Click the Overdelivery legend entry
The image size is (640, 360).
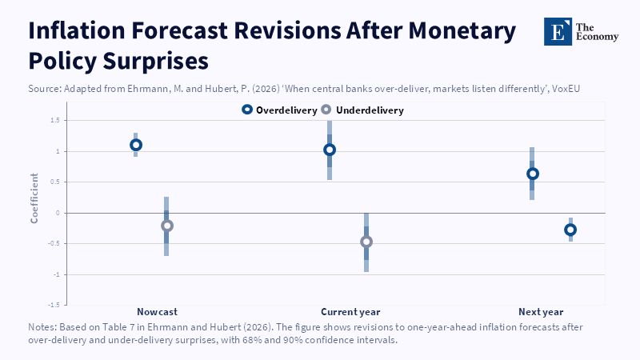point(279,110)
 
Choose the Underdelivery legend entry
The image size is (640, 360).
point(362,110)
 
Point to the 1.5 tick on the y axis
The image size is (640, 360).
point(55,120)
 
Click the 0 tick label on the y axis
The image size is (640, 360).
point(58,213)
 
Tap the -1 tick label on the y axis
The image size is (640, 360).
point(56,274)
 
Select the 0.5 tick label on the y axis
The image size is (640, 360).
point(55,182)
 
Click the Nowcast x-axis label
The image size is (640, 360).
point(157,312)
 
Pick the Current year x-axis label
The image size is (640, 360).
point(350,312)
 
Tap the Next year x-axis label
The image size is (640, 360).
point(541,312)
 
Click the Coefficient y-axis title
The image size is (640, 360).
point(34,198)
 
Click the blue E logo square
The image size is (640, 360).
point(558,31)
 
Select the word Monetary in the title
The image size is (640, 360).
point(462,31)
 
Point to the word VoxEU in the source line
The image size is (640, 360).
point(566,89)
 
